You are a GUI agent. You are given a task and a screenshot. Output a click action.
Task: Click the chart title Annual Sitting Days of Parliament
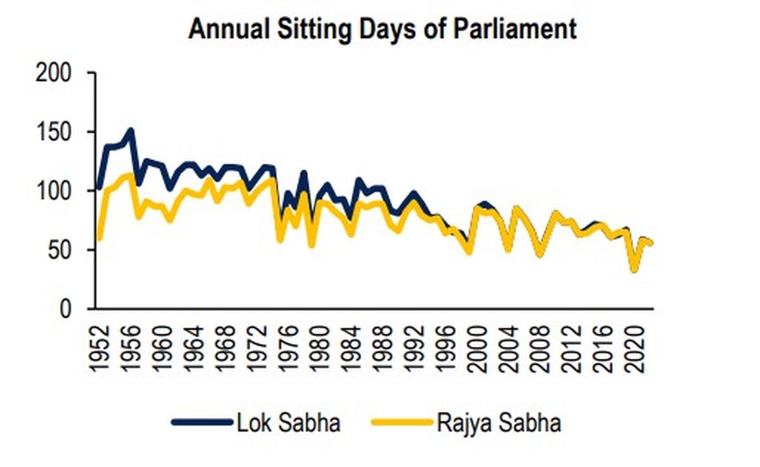pyautogui.click(x=383, y=29)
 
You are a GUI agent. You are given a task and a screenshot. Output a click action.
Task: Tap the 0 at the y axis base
pyautogui.click(x=73, y=309)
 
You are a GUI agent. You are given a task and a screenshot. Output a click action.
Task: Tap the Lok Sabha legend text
pyautogui.click(x=288, y=423)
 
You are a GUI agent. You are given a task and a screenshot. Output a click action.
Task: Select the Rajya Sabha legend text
pyautogui.click(x=498, y=423)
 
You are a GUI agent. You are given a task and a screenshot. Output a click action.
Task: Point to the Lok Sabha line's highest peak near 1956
pyautogui.click(x=130, y=131)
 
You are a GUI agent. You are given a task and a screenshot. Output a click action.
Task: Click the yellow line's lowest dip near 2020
pyautogui.click(x=634, y=269)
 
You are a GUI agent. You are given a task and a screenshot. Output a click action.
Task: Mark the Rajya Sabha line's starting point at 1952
pyautogui.click(x=99, y=238)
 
